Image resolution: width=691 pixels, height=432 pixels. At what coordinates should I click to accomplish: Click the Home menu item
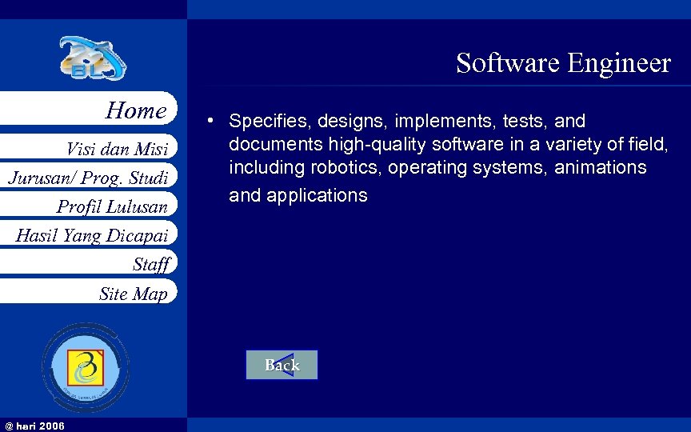pyautogui.click(x=136, y=110)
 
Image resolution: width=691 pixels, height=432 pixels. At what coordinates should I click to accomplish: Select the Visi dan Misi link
pyautogui.click(x=117, y=149)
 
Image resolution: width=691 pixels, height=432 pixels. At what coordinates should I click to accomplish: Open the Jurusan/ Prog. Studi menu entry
pyautogui.click(x=88, y=178)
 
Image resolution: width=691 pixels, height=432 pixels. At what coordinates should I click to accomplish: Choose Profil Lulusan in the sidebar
pyautogui.click(x=112, y=207)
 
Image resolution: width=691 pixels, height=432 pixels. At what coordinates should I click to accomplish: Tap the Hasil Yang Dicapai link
pyautogui.click(x=91, y=235)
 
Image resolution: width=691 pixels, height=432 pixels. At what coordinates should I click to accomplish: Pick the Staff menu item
pyautogui.click(x=151, y=264)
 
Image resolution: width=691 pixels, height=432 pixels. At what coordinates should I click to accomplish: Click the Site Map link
pyautogui.click(x=133, y=294)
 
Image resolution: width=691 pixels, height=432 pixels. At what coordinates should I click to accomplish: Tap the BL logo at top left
pyautogui.click(x=92, y=58)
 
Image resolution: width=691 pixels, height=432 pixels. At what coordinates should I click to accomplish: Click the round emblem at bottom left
pyautogui.click(x=86, y=367)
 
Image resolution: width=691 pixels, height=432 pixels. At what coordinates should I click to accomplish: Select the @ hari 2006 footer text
pyautogui.click(x=35, y=426)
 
